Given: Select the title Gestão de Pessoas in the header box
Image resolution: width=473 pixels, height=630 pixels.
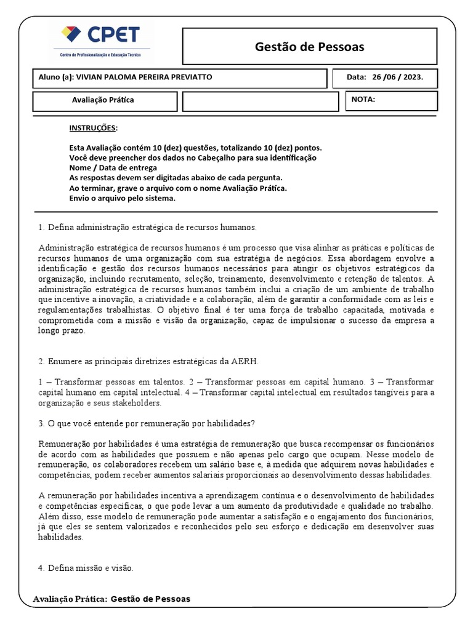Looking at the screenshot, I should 309,47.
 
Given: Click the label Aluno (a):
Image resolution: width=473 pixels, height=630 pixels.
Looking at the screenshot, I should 56,78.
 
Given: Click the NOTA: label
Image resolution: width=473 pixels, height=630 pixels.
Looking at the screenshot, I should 363,99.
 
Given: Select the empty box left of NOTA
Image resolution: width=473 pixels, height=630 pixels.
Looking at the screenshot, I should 261,101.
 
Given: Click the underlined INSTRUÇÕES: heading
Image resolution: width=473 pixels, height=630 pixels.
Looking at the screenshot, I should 93,127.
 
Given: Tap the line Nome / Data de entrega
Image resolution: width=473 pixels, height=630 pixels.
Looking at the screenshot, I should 113,168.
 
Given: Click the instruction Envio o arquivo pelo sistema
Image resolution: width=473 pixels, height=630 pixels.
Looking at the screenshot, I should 123,198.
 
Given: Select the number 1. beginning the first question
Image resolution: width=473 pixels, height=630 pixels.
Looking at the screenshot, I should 42,227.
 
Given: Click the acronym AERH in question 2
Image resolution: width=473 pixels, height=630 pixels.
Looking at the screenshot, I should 246,361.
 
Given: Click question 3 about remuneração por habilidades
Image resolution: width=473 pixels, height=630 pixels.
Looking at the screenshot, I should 147,423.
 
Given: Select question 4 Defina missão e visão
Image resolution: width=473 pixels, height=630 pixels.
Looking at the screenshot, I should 86,568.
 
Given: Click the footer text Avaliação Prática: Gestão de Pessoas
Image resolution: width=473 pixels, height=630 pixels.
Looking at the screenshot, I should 112,599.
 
